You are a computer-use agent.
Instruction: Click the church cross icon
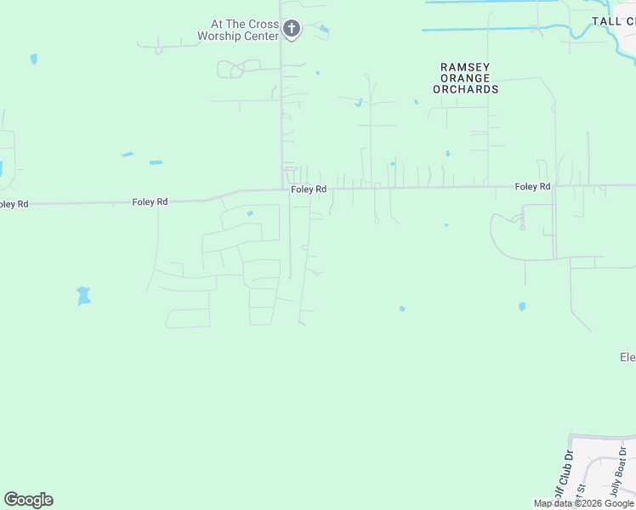(292, 30)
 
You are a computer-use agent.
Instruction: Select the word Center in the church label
(261, 37)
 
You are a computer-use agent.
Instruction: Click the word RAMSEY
(465, 67)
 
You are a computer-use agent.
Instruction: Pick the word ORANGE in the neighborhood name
(465, 78)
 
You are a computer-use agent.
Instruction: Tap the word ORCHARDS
(465, 89)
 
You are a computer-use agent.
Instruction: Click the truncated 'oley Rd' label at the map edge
(14, 204)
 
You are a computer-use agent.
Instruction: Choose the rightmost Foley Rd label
(532, 186)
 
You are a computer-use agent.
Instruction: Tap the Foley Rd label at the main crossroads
(309, 190)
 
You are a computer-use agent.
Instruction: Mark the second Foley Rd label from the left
(150, 201)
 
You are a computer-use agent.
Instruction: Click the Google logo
(28, 500)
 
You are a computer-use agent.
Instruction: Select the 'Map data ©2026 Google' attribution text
(583, 504)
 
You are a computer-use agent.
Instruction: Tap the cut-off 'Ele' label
(627, 358)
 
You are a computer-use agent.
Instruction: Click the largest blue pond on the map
(83, 295)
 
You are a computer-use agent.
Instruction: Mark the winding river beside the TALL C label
(582, 32)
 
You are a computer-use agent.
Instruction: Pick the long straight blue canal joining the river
(493, 30)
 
